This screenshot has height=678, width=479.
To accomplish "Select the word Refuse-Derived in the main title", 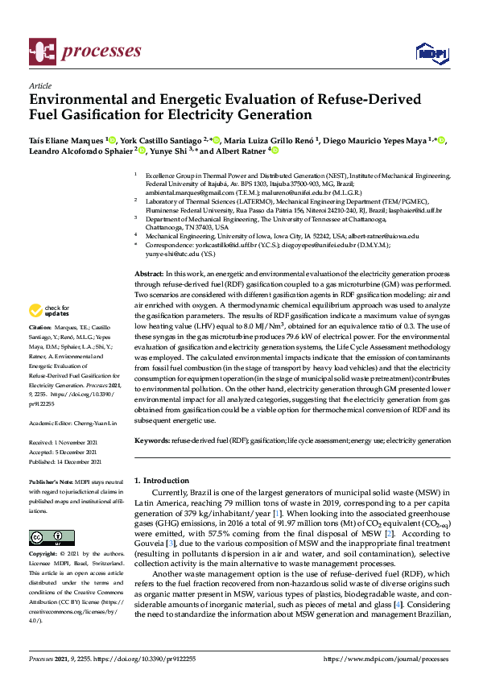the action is coord(350,100).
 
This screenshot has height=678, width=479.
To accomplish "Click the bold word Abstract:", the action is coord(149,275).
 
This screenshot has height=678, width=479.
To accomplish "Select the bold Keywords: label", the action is coord(152,441).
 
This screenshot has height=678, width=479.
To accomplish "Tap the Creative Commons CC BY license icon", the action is coord(46,537).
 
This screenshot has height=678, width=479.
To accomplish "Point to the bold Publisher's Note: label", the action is coord(52,480).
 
